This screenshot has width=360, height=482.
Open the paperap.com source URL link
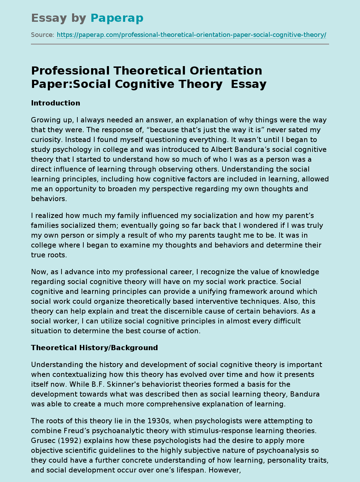191,35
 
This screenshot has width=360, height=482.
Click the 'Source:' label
43,35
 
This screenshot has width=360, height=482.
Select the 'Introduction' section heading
56,103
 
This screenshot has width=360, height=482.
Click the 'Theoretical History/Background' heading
94,348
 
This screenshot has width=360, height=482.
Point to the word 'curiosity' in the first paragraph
45,140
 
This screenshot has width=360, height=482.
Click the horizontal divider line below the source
180,44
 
